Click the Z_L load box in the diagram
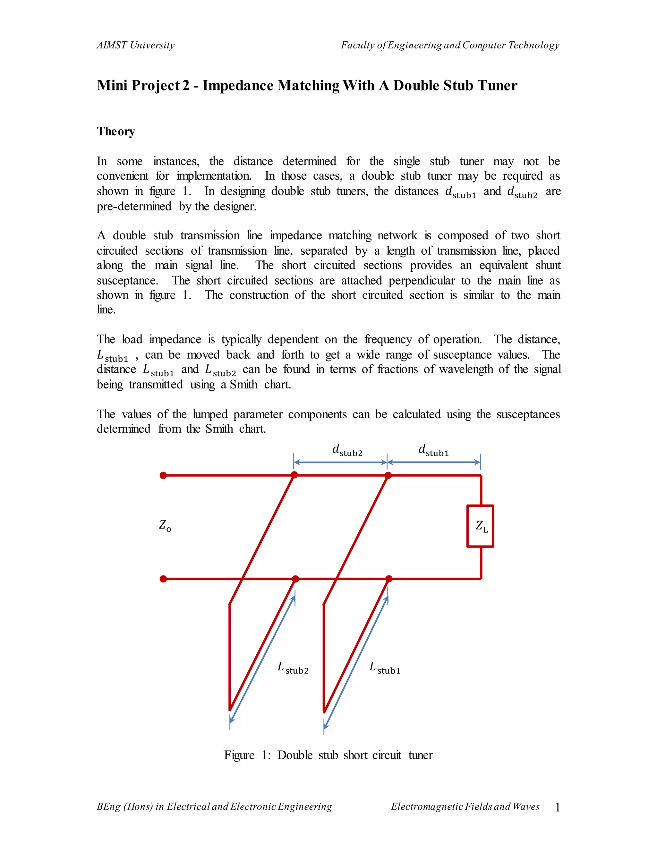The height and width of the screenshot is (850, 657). click(x=480, y=526)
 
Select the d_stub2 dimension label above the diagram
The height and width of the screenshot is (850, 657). click(x=347, y=450)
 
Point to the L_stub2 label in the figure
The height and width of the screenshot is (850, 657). click(x=293, y=668)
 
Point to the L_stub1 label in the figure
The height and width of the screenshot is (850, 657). click(x=385, y=668)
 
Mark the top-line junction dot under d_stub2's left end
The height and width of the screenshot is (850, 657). click(x=294, y=475)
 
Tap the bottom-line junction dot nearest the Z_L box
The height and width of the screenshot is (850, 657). click(x=388, y=579)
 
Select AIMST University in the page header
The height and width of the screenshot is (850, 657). click(x=135, y=45)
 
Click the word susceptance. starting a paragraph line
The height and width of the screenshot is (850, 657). click(x=127, y=281)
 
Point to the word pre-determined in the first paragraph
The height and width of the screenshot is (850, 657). click(x=134, y=206)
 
